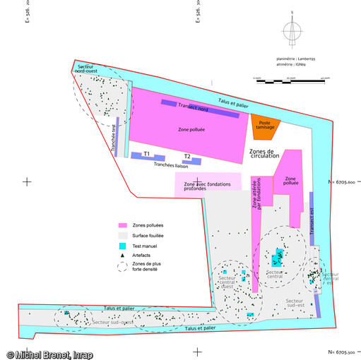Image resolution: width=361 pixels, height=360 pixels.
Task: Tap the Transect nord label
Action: click(193, 107)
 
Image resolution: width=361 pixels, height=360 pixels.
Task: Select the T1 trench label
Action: click(146, 154)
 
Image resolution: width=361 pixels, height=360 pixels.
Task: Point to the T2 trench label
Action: click(187, 157)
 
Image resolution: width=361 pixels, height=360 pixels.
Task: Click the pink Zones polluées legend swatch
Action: click(122, 224)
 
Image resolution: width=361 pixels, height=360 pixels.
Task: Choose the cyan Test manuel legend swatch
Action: click(122, 244)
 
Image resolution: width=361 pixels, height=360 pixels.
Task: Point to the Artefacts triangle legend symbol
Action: click(122, 254)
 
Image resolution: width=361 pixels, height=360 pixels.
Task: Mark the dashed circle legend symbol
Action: click(122, 267)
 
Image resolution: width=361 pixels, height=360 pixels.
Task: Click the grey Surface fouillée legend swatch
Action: click(122, 234)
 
